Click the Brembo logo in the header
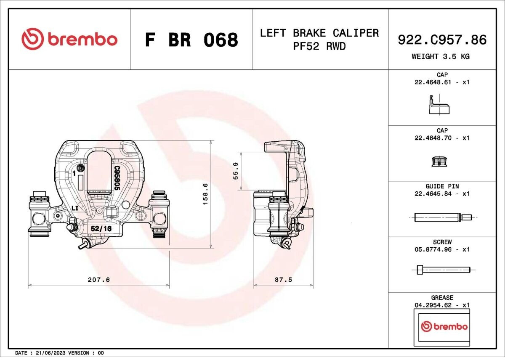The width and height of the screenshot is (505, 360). pyautogui.click(x=69, y=39)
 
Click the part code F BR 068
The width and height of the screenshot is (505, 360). pyautogui.click(x=191, y=40)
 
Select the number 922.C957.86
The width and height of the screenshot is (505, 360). pyautogui.click(x=442, y=40)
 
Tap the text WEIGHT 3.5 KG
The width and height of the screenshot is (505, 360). pyautogui.click(x=441, y=56)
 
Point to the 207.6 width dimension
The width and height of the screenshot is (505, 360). pyautogui.click(x=99, y=280)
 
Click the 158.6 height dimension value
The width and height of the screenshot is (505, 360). pyautogui.click(x=205, y=194)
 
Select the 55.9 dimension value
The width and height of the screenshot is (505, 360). pyautogui.click(x=236, y=171)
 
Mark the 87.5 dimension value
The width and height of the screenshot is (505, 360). pyautogui.click(x=283, y=280)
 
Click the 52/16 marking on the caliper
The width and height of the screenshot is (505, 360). pyautogui.click(x=101, y=229)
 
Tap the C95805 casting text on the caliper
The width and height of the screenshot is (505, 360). pyautogui.click(x=117, y=178)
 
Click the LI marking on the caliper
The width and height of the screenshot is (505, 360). pyautogui.click(x=75, y=208)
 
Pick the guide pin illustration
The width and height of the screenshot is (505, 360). pyautogui.click(x=443, y=217)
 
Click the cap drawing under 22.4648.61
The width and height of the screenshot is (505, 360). pyautogui.click(x=439, y=105)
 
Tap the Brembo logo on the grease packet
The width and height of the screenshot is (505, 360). pyautogui.click(x=444, y=326)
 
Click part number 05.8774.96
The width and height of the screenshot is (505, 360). pyautogui.click(x=433, y=249)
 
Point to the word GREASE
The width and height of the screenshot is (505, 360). pyautogui.click(x=442, y=297)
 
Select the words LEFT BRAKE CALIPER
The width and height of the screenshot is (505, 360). pyautogui.click(x=319, y=33)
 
